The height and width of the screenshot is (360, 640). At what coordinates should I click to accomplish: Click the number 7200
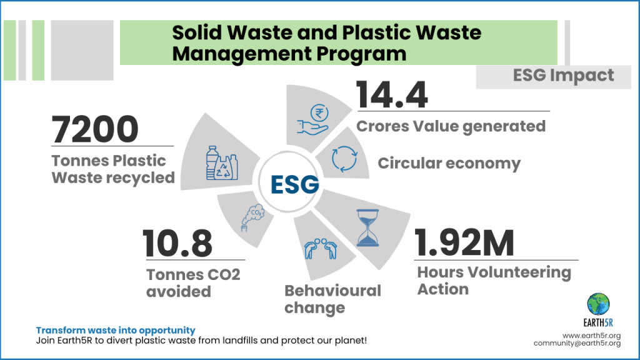pyautogui.click(x=95, y=130)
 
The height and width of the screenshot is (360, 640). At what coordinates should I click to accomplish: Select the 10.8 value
pyautogui.click(x=177, y=244)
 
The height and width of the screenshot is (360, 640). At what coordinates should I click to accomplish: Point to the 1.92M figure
pyautogui.click(x=464, y=244)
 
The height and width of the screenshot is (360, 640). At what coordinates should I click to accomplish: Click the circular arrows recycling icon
pyautogui.click(x=344, y=158)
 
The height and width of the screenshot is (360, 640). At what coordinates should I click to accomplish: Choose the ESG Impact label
pyautogui.click(x=564, y=76)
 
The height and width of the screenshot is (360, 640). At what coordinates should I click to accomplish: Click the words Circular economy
pyautogui.click(x=449, y=164)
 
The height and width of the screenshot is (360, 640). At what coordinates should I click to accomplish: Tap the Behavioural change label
pyautogui.click(x=332, y=299)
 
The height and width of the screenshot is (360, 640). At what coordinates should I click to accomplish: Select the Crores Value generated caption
pyautogui.click(x=451, y=126)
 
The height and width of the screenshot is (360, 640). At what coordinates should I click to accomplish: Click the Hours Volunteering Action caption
pyautogui.click(x=494, y=281)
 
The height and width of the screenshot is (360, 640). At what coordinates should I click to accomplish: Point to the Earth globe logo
pyautogui.click(x=599, y=304)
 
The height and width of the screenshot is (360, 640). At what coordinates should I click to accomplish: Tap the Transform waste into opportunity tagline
pyautogui.click(x=116, y=330)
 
